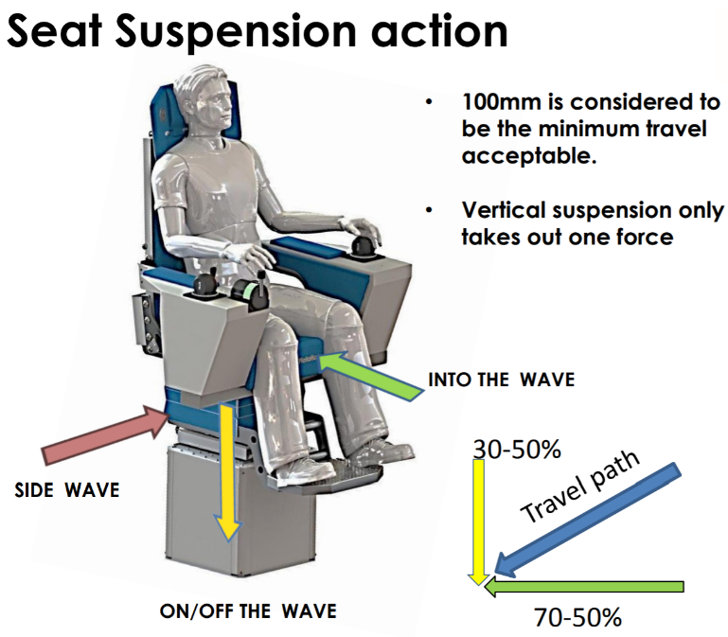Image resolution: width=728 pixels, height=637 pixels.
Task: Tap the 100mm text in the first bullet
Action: [x=499, y=101]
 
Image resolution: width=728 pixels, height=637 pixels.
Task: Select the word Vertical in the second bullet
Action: [x=506, y=210]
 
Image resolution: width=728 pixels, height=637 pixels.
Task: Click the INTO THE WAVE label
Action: [x=501, y=380]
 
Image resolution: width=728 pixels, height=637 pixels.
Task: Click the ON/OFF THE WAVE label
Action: [x=248, y=610]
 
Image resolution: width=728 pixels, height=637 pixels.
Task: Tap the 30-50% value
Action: [x=516, y=450]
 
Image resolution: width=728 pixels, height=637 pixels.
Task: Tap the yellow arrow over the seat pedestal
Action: [x=225, y=469]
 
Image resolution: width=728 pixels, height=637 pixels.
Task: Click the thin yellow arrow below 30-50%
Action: [x=479, y=521]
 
